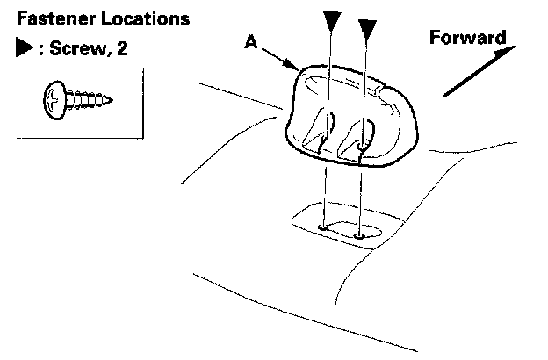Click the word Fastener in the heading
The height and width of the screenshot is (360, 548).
[46, 18]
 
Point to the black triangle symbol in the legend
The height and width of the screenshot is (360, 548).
[23, 50]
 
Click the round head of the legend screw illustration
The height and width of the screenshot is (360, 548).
[54, 98]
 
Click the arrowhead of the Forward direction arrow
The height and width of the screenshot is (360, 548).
[510, 50]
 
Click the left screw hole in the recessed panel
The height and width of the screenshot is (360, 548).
[325, 227]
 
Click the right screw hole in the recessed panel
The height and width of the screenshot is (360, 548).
[361, 234]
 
